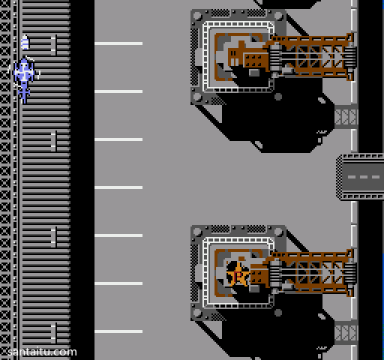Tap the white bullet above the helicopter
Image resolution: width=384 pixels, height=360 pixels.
tap(25, 43)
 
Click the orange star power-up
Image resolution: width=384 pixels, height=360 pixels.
tap(238, 275)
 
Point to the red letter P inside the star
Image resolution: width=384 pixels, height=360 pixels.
tap(238, 276)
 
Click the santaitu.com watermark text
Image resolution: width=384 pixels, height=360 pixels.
tap(42, 352)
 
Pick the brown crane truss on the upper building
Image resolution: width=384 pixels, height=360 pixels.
tap(311, 57)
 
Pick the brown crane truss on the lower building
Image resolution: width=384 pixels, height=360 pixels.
tap(311, 273)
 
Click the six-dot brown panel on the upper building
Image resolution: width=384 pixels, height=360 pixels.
tap(253, 61)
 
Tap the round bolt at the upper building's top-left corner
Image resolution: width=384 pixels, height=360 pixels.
tap(197, 16)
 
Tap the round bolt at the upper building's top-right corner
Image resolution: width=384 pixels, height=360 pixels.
tap(278, 16)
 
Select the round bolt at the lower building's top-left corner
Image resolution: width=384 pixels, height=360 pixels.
tap(197, 232)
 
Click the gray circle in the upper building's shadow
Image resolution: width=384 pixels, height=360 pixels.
tap(278, 97)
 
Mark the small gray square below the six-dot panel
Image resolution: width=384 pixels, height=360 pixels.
tap(254, 73)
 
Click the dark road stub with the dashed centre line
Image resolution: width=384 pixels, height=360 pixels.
tap(360, 177)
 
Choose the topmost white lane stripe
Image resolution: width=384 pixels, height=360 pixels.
tap(118, 43)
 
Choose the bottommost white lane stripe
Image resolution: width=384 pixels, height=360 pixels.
tap(118, 331)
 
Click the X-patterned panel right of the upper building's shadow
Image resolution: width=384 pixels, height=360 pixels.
tap(346, 117)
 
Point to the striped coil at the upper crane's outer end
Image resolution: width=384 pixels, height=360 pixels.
tap(350, 58)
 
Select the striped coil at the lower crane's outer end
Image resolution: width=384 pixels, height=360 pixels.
tap(350, 274)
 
